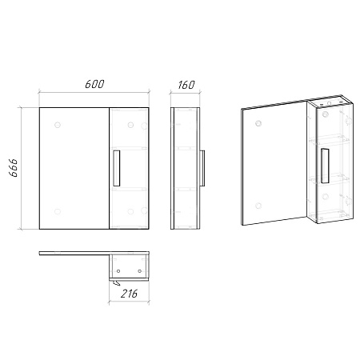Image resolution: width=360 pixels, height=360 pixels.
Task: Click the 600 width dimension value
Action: click(94, 84)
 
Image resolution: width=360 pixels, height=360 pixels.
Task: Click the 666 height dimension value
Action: click(13, 168)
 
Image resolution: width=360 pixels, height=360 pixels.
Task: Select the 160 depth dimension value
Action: click(186, 85)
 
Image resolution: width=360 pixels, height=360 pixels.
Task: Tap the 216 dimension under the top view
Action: click(129, 294)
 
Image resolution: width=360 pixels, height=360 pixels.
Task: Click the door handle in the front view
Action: click(117, 168)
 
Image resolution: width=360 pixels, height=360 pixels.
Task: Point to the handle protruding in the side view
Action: click(202, 168)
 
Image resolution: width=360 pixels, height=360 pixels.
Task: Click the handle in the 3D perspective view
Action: click(325, 166)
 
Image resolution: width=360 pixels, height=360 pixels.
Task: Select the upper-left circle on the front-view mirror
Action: click(58, 125)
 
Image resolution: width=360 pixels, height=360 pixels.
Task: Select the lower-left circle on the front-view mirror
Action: click(58, 211)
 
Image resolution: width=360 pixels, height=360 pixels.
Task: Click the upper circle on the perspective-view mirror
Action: click(258, 123)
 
